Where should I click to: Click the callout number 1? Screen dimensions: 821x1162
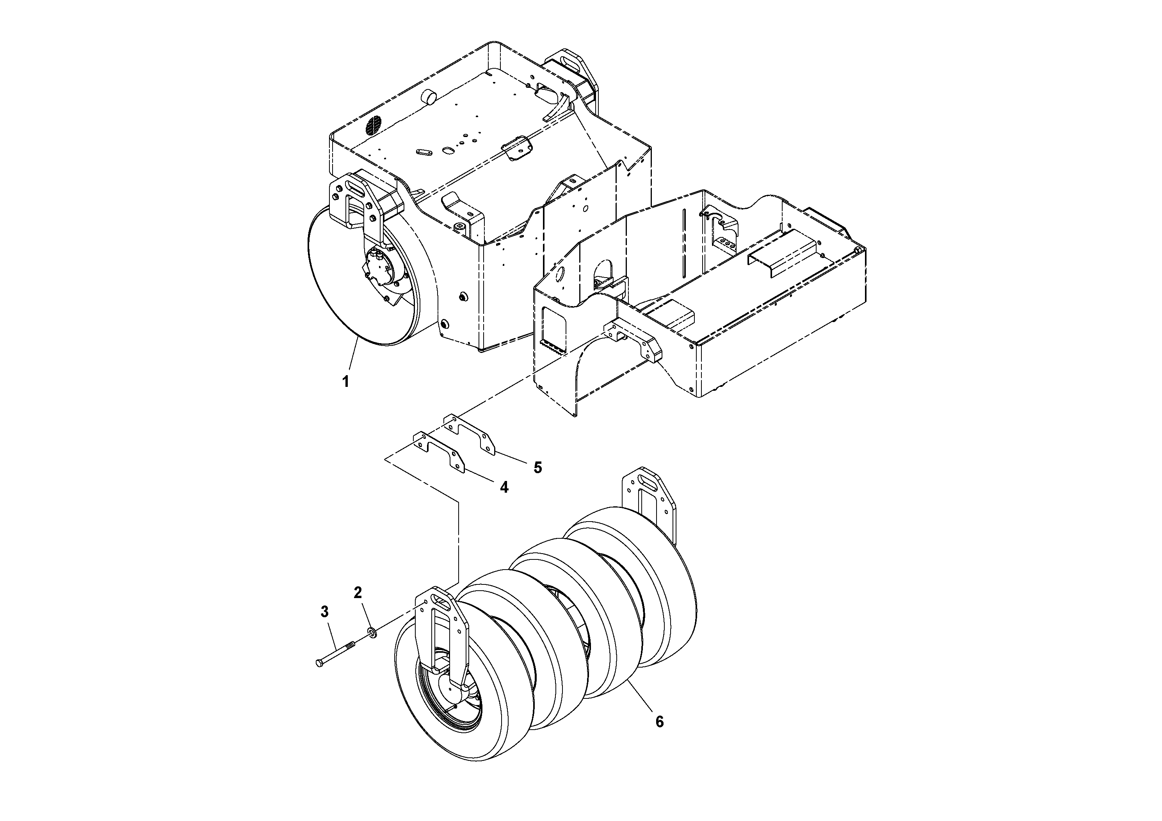[x=346, y=382]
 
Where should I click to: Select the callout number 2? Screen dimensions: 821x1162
[x=358, y=592]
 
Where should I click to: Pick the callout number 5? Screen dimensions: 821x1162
[x=537, y=468]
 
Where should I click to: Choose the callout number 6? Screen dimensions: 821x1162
[x=659, y=722]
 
